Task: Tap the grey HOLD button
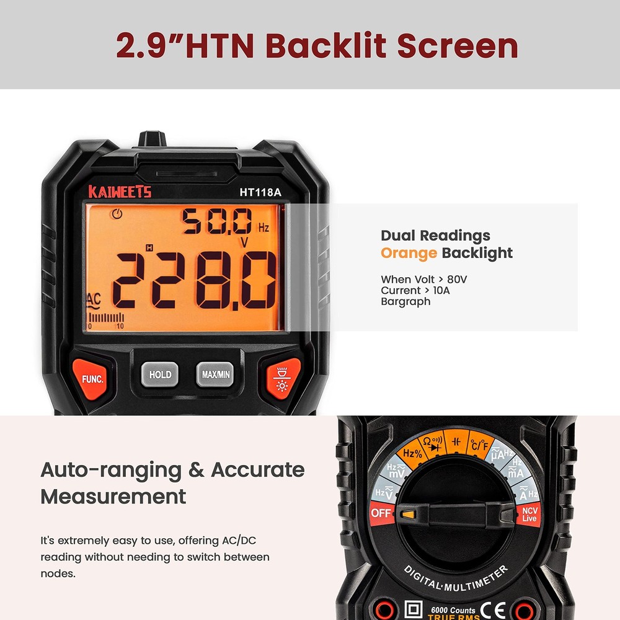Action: coord(160,374)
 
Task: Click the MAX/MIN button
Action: coord(216,374)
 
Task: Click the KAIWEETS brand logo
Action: coord(120,192)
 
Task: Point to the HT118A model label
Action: coord(260,192)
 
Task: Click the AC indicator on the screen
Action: coord(94,301)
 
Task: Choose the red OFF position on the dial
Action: coord(381,513)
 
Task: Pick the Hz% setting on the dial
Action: coord(413,453)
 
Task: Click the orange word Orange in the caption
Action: coord(409,253)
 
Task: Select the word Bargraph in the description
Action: coord(405,302)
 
